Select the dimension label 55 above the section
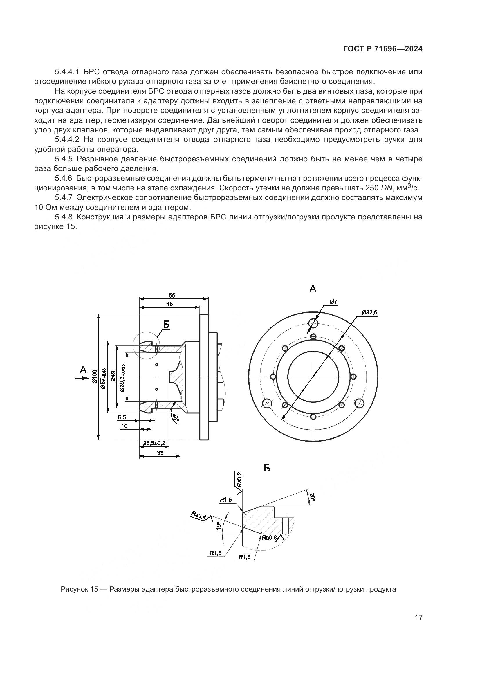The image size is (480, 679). coord(172,295)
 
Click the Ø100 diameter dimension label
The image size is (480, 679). coord(94,376)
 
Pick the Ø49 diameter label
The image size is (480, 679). coord(113,376)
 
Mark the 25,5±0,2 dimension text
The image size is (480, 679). coord(154,443)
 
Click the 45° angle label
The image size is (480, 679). coord(176,418)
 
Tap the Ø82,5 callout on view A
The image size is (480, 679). coord(369,313)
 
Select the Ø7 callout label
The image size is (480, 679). coord(333,302)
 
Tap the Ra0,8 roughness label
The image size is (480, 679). coord(269,538)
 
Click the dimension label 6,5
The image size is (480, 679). coord(122,417)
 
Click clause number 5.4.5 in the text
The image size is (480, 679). coord(63,159)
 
